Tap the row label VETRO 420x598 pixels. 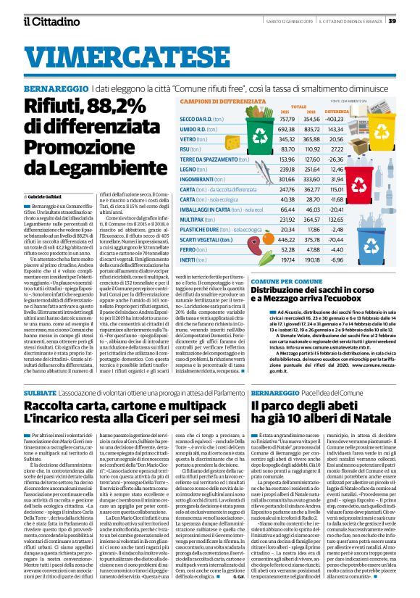pos(188,138)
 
